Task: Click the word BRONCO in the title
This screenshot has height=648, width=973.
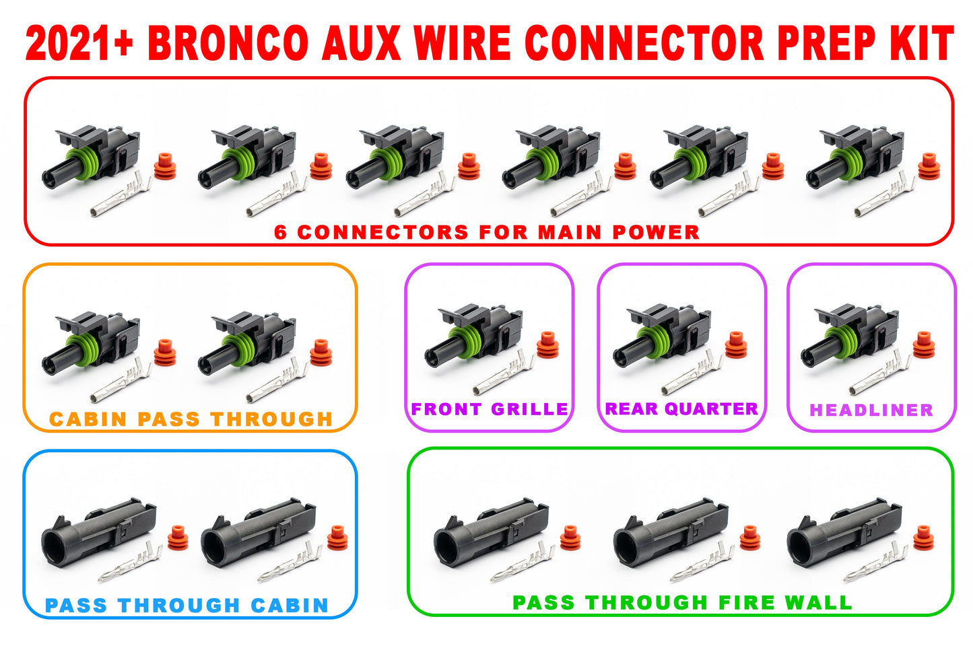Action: point(228,44)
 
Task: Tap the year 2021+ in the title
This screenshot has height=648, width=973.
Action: point(79,44)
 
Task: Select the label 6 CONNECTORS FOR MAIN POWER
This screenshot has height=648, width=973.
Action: point(487,232)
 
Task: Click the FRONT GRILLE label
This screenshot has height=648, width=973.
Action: point(490,409)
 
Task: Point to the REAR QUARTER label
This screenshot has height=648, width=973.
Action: point(681,408)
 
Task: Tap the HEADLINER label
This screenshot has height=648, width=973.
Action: point(871,410)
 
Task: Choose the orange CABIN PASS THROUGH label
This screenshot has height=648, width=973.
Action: point(191,419)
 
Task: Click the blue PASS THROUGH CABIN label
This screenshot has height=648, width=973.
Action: point(187,606)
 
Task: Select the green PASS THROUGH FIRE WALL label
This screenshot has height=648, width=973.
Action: point(682,602)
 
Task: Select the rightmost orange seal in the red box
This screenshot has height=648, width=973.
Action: point(929,166)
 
